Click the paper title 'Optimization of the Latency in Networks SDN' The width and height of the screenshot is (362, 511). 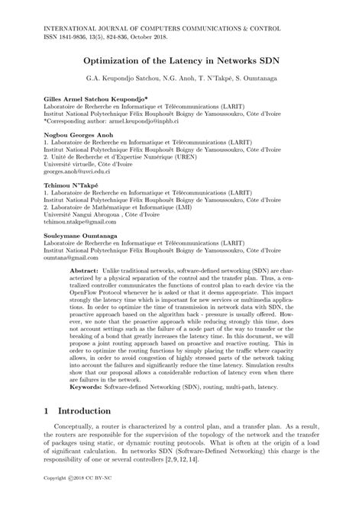coord(180,58)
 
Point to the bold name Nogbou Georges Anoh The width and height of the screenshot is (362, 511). coord(73,133)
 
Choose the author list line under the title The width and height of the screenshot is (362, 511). coord(180,78)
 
